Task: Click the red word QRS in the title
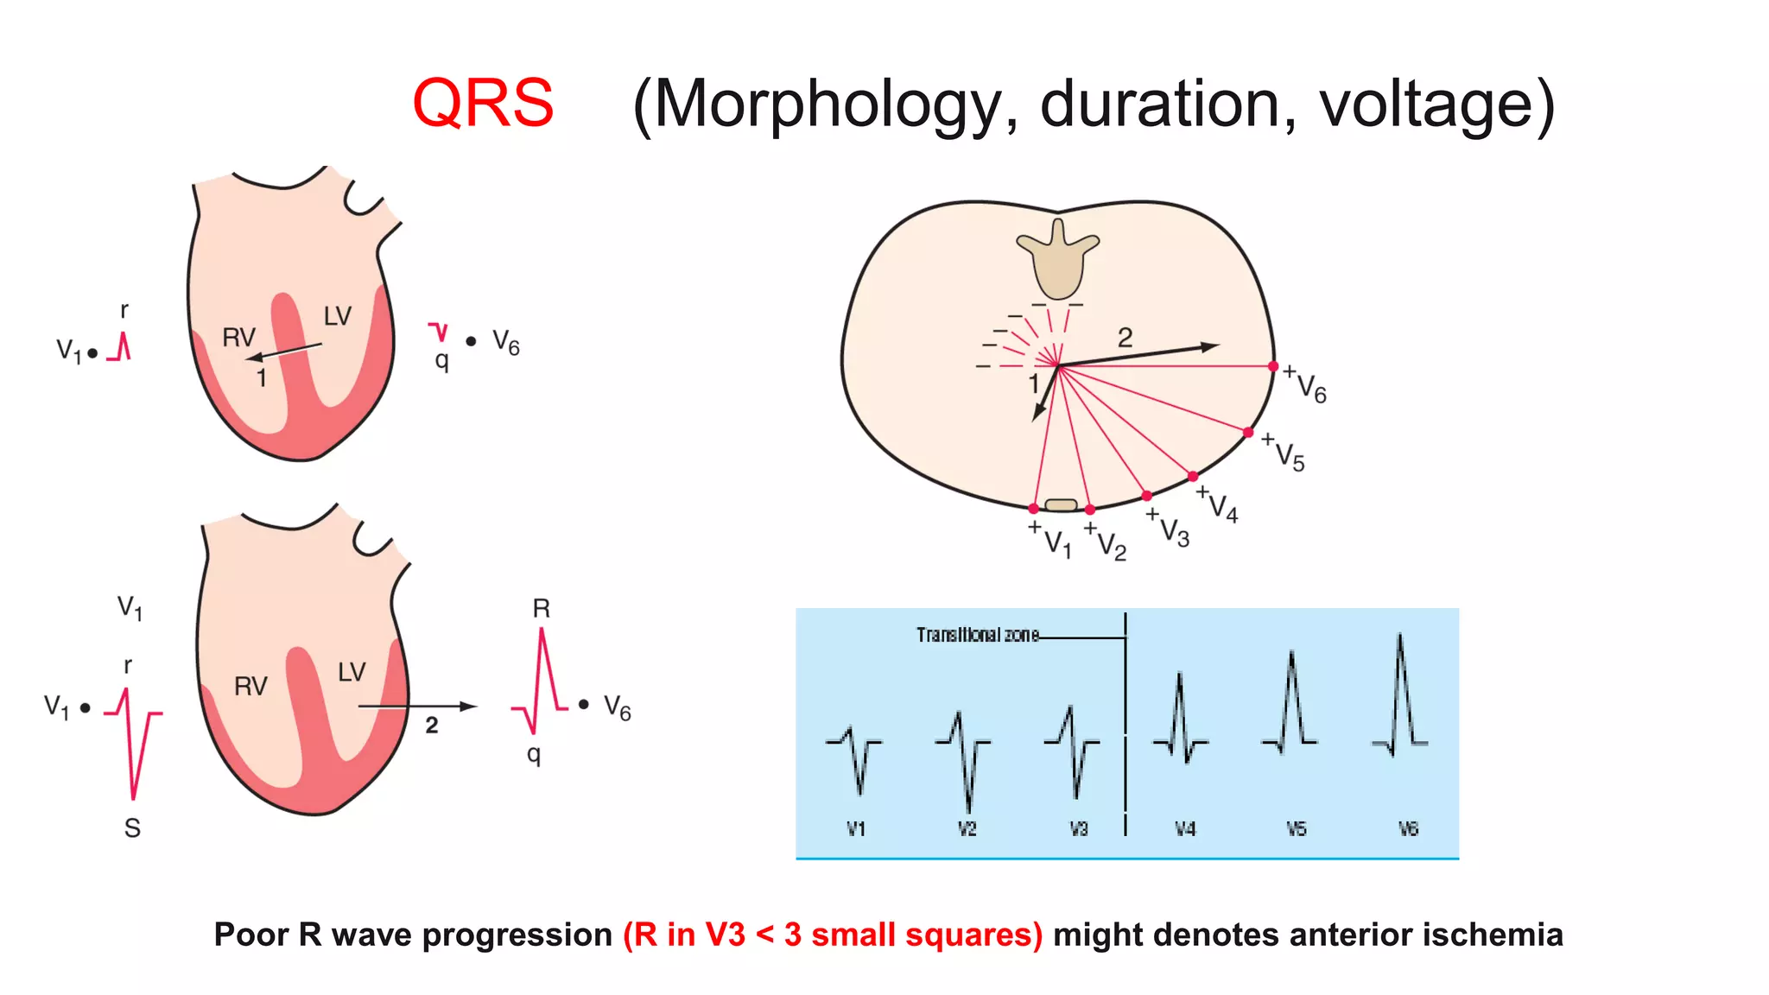click(483, 104)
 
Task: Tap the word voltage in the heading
click(1436, 105)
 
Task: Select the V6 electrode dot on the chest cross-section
click(1272, 366)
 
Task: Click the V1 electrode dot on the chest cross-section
click(1034, 509)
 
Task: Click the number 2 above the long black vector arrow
click(1125, 338)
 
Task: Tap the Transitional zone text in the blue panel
click(977, 636)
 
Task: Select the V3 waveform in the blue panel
click(1072, 750)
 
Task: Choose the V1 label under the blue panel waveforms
click(856, 829)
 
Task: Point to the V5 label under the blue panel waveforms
click(1296, 829)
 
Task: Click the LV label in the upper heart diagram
click(338, 316)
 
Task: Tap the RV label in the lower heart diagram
click(250, 687)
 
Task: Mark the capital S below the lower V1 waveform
click(132, 828)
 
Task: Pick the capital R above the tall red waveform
click(542, 609)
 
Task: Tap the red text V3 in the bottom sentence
click(725, 935)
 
